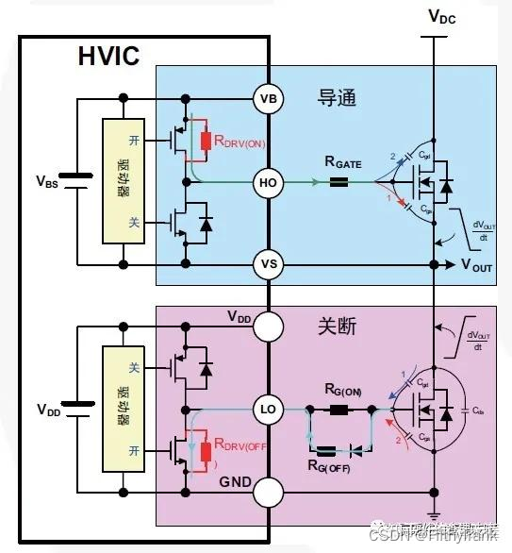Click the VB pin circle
[x=267, y=98]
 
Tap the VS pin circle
[x=267, y=264]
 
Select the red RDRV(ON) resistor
[x=206, y=142]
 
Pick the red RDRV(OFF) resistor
[x=206, y=451]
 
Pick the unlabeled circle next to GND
[x=267, y=492]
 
